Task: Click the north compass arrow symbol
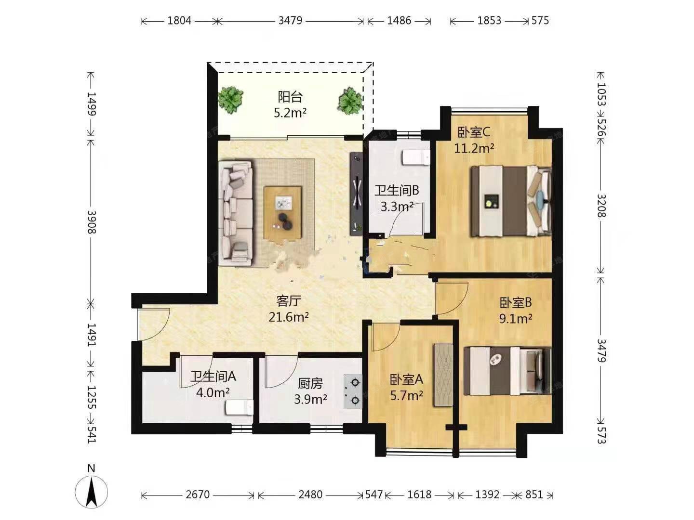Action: click(x=92, y=492)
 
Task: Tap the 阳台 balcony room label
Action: click(x=290, y=97)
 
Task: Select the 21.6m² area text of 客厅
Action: click(x=288, y=317)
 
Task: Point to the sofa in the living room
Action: click(x=236, y=213)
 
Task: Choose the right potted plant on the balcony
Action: click(x=350, y=101)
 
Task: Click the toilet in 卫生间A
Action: click(x=240, y=408)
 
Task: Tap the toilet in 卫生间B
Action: click(x=416, y=157)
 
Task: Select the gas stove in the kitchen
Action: click(x=353, y=391)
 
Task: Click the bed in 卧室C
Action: click(x=511, y=201)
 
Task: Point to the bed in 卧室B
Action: click(x=507, y=371)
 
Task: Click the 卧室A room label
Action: click(x=406, y=379)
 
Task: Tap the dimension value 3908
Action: click(x=92, y=222)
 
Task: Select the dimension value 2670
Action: click(x=198, y=494)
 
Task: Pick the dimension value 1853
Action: click(x=489, y=21)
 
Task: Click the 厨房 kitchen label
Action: click(x=310, y=384)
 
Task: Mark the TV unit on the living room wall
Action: click(x=356, y=194)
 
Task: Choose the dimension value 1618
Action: click(x=419, y=494)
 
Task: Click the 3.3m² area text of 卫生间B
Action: click(x=397, y=207)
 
